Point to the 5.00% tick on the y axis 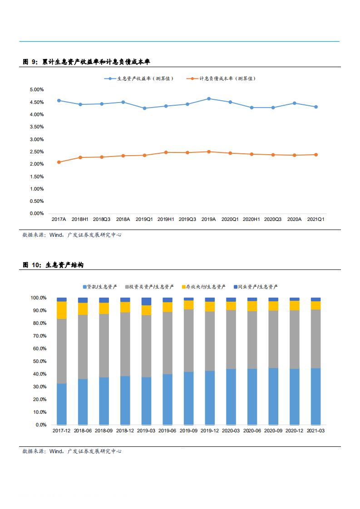36,90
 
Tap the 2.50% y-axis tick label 36,152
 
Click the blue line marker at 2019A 208,98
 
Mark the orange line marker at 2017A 59,162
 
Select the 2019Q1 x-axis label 144,219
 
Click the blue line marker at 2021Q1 316,107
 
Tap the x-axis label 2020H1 251,219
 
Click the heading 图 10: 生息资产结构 53,265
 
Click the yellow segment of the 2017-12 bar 62,310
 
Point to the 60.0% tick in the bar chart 39,349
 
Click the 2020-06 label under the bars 252,431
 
